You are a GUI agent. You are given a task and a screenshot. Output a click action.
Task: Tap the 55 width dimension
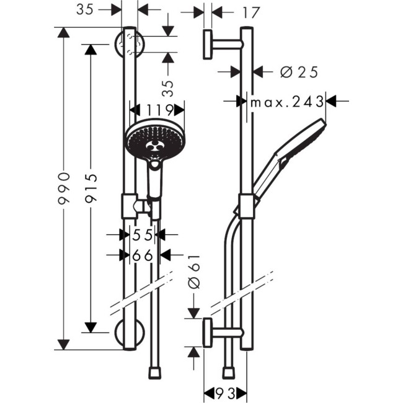[x=143, y=234]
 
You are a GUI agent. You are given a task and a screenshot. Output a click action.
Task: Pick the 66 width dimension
[x=143, y=254]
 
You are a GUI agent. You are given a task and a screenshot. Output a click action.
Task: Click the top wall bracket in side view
[x=217, y=44]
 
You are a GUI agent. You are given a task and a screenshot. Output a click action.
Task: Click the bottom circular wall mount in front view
[x=129, y=334]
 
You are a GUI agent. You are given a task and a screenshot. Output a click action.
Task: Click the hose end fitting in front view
[x=155, y=373]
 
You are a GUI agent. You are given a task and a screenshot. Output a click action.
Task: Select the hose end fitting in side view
[x=231, y=373]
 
